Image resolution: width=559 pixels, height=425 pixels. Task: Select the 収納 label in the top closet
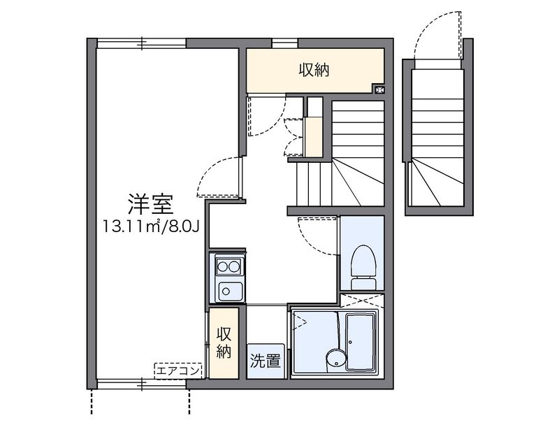[314, 70]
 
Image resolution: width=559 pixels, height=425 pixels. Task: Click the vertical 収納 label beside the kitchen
[224, 343]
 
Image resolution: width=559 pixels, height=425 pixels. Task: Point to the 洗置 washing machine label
[266, 361]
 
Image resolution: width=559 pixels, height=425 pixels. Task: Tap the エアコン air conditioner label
[178, 370]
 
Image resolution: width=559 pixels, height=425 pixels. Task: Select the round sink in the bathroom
[335, 359]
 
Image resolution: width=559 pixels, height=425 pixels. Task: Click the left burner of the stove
[222, 265]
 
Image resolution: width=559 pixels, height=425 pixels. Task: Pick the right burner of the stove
[233, 265]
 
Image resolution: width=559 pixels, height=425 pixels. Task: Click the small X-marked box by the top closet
[379, 89]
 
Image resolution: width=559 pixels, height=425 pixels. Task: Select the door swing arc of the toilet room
[317, 236]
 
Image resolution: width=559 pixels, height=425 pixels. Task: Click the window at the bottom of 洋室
[143, 383]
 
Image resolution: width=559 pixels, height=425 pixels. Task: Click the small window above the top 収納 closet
[284, 44]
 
